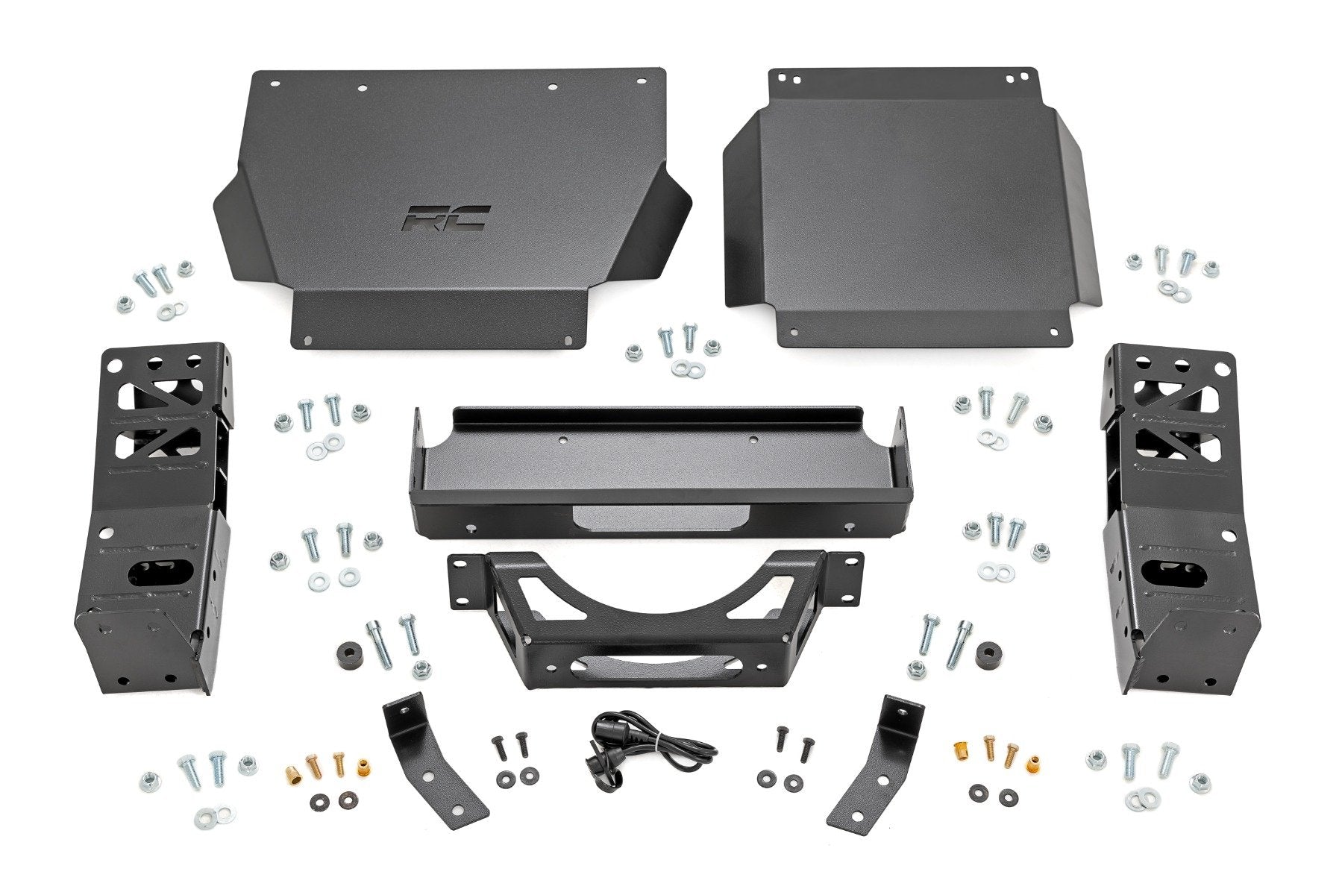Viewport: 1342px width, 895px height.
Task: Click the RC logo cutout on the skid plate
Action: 446,217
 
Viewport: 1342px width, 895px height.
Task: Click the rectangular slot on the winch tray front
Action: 656,515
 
